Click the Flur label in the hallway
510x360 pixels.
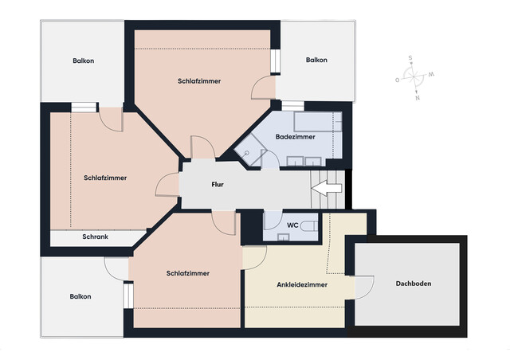pyautogui.click(x=217, y=185)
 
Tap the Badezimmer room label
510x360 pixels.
pyautogui.click(x=295, y=137)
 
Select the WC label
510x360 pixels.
pyautogui.click(x=292, y=225)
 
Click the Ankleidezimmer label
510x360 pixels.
pyautogui.click(x=302, y=284)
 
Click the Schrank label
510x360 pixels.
pyautogui.click(x=95, y=237)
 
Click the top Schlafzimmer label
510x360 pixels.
pyautogui.click(x=199, y=81)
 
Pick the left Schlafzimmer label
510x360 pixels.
pyautogui.click(x=105, y=178)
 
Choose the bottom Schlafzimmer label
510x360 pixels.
pyautogui.click(x=188, y=273)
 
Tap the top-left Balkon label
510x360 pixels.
pyautogui.click(x=83, y=61)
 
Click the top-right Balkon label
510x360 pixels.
pyautogui.click(x=317, y=61)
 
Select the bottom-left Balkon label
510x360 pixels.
pyautogui.click(x=80, y=296)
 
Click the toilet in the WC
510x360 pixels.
pyautogui.click(x=313, y=226)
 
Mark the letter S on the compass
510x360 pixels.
pyautogui.click(x=410, y=57)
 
